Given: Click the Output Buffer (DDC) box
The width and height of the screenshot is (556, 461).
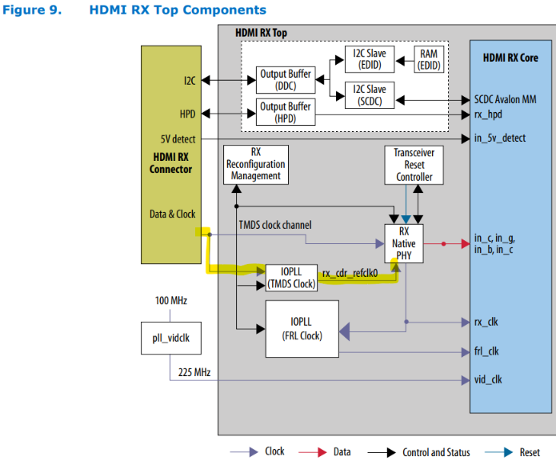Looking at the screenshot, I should coord(286,80).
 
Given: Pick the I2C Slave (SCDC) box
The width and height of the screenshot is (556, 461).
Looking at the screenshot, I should coord(370,94).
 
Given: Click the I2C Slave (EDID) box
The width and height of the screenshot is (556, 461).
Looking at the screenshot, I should coord(370,59).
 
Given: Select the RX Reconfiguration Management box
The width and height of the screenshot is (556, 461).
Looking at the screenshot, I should coord(255,164).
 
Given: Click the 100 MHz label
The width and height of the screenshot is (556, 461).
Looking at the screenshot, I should coord(170,301).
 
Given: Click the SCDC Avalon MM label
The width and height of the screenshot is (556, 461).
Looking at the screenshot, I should coord(501,101).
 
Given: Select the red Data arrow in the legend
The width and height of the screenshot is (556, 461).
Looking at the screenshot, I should coord(318,451).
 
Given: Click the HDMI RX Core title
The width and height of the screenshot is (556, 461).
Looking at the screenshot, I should coord(510,58).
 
